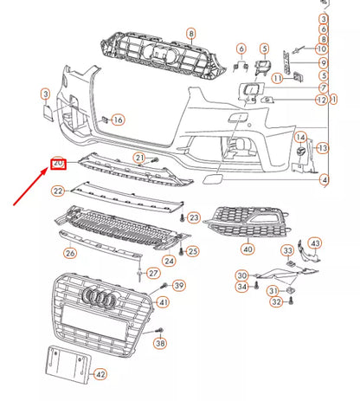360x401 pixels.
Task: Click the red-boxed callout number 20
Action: click(x=59, y=164)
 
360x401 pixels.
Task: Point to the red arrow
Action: click(x=31, y=185)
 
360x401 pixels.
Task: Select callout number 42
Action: click(x=101, y=374)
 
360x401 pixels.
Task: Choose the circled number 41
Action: click(x=163, y=302)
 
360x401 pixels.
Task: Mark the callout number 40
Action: click(x=247, y=249)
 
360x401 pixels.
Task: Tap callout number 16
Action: click(x=118, y=120)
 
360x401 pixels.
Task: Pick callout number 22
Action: click(x=58, y=190)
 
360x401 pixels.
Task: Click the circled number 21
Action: click(x=139, y=157)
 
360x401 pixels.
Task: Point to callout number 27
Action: click(x=153, y=274)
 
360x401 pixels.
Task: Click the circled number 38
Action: click(x=161, y=344)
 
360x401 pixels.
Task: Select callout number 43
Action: click(x=315, y=243)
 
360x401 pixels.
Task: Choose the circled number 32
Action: click(x=276, y=302)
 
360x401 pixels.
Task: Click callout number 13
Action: click(x=324, y=149)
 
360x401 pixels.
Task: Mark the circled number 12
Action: click(x=321, y=100)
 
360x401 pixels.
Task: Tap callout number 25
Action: click(x=193, y=251)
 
